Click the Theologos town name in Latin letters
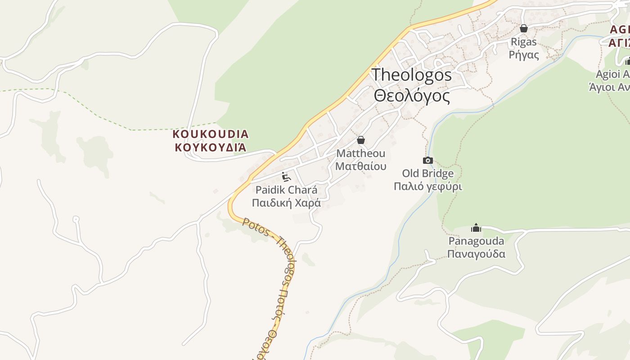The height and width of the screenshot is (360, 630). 411,75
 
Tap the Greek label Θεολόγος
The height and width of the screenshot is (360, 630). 411,96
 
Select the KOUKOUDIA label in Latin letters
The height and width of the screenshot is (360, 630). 210,134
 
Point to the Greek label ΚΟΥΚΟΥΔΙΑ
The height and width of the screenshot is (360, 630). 210,147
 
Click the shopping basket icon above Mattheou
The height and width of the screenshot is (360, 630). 360,140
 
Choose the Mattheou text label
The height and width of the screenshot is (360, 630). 360,154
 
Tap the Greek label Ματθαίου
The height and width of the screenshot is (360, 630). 360,166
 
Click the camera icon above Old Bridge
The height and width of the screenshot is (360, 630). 427,160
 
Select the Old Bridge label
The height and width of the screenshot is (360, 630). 427,173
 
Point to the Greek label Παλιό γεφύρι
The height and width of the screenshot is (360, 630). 427,186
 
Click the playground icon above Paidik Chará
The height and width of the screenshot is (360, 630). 286,176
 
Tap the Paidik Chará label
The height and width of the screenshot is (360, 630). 286,190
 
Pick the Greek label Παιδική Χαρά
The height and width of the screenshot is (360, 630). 286,203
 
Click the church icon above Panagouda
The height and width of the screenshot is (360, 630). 476,228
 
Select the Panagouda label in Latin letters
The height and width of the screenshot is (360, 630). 476,241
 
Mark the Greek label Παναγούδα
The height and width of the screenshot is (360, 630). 476,254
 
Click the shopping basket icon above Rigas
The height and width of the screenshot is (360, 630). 523,28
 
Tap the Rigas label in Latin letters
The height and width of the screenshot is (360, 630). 523,42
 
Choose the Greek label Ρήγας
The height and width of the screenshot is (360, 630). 523,55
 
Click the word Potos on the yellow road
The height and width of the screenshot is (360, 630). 254,226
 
